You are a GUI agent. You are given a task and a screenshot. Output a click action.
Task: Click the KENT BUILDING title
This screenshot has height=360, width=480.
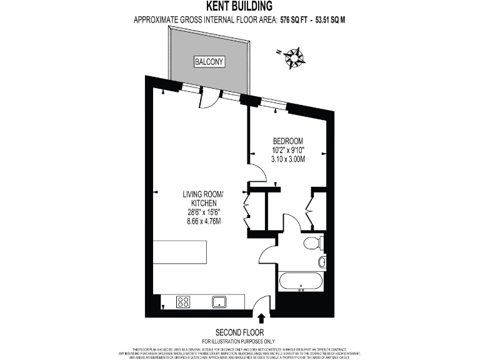(x=239, y=7)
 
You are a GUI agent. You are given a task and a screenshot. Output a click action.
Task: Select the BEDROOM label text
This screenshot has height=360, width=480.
(x=287, y=141)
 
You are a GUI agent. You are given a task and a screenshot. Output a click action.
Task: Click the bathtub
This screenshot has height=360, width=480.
(x=301, y=281)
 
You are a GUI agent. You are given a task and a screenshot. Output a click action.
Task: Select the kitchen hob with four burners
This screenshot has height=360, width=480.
(x=184, y=302)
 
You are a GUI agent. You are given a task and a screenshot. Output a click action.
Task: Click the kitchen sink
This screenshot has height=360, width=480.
(x=219, y=302)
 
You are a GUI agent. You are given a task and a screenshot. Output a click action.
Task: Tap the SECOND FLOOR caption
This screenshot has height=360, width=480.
(x=239, y=332)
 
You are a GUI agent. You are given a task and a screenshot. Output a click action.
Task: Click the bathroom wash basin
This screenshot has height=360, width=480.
(x=322, y=261)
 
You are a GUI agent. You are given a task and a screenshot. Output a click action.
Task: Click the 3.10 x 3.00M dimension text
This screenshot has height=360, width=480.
(x=287, y=159)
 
